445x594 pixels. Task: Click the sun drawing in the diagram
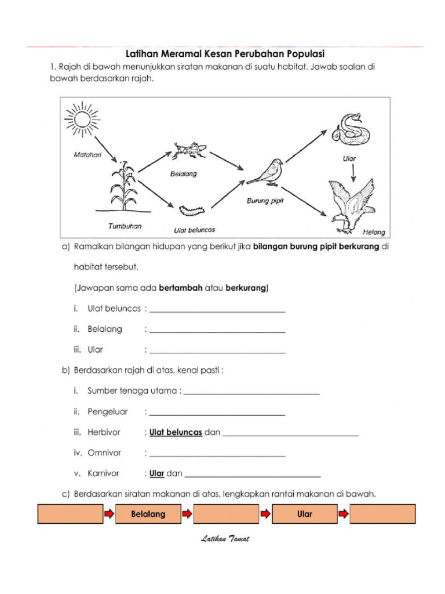83,119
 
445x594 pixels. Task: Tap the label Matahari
87,155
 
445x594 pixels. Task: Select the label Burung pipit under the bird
265,201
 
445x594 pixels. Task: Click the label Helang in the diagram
373,232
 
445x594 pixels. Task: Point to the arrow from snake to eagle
353,170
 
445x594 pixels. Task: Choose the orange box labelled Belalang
148,514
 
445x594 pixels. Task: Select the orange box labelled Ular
304,514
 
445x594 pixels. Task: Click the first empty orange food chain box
70,514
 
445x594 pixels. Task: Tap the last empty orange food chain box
383,514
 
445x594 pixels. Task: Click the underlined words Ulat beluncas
176,432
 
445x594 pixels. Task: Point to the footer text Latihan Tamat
225,539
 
